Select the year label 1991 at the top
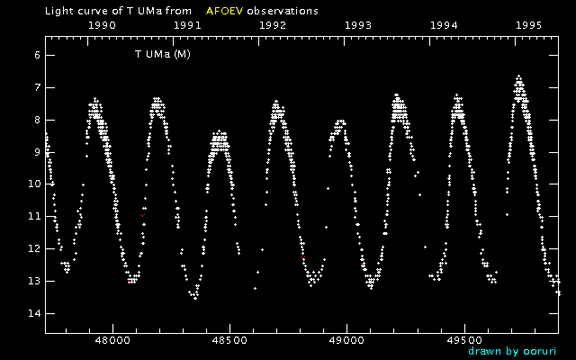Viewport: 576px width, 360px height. (187, 26)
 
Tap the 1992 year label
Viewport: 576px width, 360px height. (273, 26)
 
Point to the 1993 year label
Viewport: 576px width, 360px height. (358, 26)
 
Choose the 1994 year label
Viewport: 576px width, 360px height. (444, 26)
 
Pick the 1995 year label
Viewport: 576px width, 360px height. (528, 26)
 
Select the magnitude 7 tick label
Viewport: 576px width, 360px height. (37, 88)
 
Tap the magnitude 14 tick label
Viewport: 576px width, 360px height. (34, 313)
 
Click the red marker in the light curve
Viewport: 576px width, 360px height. (142, 216)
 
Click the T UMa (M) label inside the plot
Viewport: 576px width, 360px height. (163, 55)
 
